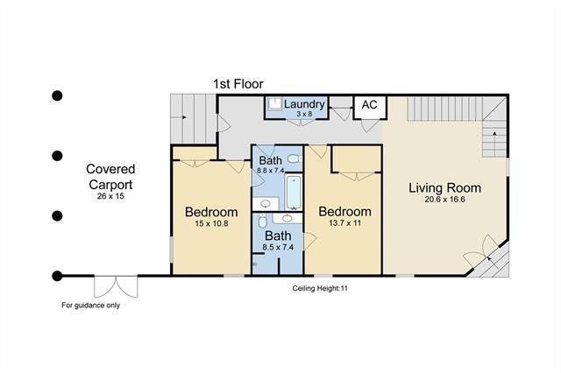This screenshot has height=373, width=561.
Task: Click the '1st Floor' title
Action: click(238, 84)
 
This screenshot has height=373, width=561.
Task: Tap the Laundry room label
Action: click(304, 104)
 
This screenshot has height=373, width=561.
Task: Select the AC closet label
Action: click(369, 105)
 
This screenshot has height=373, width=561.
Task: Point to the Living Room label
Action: click(444, 187)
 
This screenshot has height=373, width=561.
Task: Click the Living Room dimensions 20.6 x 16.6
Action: click(444, 200)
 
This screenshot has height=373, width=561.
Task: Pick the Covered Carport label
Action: click(110, 177)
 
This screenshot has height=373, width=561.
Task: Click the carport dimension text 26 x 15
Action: click(110, 196)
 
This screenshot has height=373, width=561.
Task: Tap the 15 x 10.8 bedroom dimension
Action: click(211, 223)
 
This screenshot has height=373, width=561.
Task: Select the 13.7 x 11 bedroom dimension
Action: click(344, 223)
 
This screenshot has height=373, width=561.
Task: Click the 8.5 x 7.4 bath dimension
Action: click(278, 247)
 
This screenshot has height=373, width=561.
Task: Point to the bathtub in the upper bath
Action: click(295, 192)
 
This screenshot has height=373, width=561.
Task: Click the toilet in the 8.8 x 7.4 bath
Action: click(295, 158)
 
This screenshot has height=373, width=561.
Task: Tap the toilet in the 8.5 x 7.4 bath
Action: click(263, 221)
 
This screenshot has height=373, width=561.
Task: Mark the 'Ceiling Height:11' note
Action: click(320, 288)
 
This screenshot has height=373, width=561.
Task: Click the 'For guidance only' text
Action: click(90, 305)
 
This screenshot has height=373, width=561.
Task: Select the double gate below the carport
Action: click(116, 286)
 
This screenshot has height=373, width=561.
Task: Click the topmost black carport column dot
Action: click(57, 95)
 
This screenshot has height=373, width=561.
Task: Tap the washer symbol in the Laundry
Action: click(275, 104)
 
